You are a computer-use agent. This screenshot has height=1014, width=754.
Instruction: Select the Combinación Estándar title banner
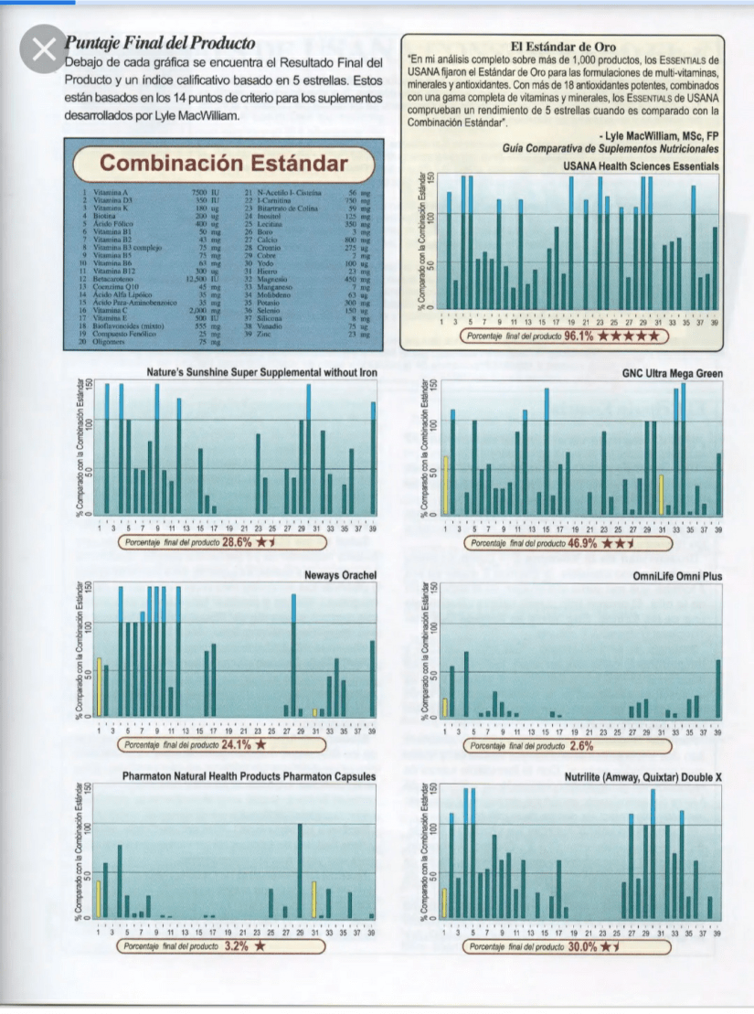point(223,165)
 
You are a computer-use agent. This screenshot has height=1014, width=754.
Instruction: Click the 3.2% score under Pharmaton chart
point(237,946)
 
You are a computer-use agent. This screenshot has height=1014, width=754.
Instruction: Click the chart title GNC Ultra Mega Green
point(672,374)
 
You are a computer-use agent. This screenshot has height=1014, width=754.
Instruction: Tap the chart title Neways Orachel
point(340,575)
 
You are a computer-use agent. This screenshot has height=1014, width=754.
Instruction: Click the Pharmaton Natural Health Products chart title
point(249,777)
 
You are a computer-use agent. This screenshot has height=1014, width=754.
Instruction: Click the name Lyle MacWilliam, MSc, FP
point(661,135)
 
